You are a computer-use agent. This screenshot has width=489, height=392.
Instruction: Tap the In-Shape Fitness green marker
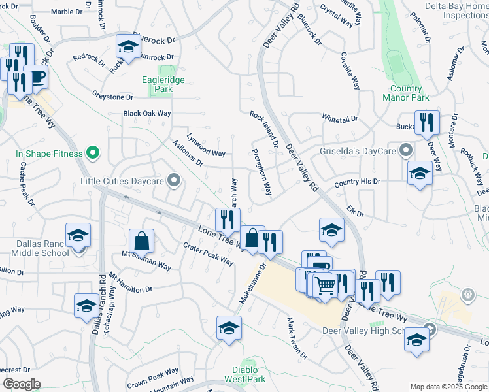click(x=93, y=154)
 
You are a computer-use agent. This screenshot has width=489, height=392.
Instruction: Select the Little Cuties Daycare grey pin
click(x=174, y=180)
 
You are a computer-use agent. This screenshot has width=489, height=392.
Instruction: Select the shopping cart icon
click(x=326, y=284)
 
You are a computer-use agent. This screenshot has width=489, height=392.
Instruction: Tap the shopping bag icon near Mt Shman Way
click(x=141, y=242)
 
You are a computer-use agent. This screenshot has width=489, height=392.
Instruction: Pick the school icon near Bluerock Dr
click(x=129, y=46)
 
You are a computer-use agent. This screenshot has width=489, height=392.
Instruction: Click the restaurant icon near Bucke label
click(x=427, y=122)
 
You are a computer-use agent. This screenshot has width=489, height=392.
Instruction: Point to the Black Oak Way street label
click(x=147, y=113)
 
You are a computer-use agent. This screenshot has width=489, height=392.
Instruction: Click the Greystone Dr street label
click(x=112, y=96)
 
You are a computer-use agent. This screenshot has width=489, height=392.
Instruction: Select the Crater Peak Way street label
click(x=209, y=254)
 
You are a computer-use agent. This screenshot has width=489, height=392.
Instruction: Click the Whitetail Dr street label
click(x=340, y=118)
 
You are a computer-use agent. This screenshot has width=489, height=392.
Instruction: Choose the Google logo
click(x=21, y=384)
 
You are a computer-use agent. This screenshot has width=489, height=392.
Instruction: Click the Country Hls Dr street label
click(x=357, y=182)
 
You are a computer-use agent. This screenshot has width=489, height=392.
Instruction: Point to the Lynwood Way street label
click(x=206, y=146)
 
